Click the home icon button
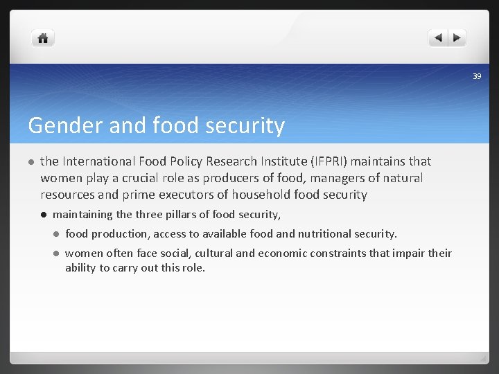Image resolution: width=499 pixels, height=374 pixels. tap(43, 38)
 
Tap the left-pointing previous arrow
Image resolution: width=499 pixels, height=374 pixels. tap(438, 38)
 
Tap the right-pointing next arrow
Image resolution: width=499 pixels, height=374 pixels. tap(457, 38)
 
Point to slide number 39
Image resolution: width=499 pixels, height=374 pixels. tap(477, 75)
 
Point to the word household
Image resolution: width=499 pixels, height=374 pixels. tap(262, 195)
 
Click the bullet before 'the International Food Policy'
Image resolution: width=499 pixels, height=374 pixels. tap(30, 162)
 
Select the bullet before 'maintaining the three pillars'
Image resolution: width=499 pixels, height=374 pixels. tap(43, 215)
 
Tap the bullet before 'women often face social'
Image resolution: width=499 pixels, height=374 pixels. tap(55, 253)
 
